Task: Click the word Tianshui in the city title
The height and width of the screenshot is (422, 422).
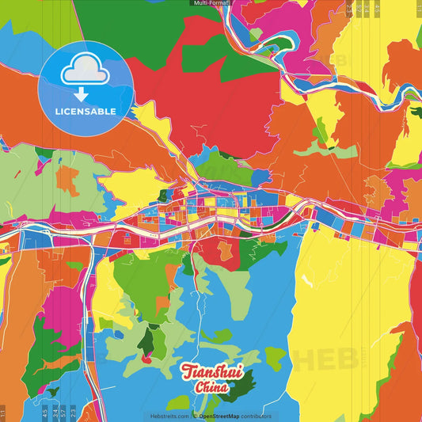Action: click(211, 372)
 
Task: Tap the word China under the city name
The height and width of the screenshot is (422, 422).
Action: click(211, 388)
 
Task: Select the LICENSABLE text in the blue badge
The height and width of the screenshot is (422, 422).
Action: click(86, 112)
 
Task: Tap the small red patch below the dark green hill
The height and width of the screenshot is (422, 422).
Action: click(146, 359)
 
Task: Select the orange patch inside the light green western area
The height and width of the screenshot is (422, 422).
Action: click(67, 181)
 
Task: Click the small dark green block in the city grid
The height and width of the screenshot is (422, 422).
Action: click(163, 194)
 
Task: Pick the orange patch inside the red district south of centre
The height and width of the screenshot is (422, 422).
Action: click(226, 250)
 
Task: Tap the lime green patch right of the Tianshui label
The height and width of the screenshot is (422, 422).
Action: click(275, 359)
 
